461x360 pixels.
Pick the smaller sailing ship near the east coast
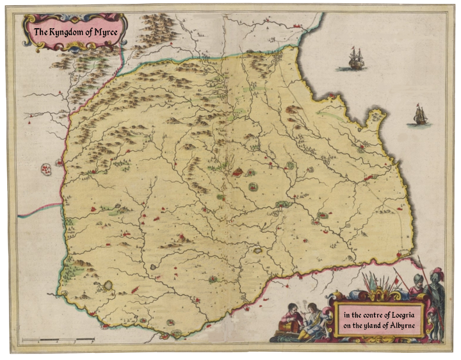(419, 115)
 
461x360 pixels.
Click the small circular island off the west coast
(46, 170)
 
